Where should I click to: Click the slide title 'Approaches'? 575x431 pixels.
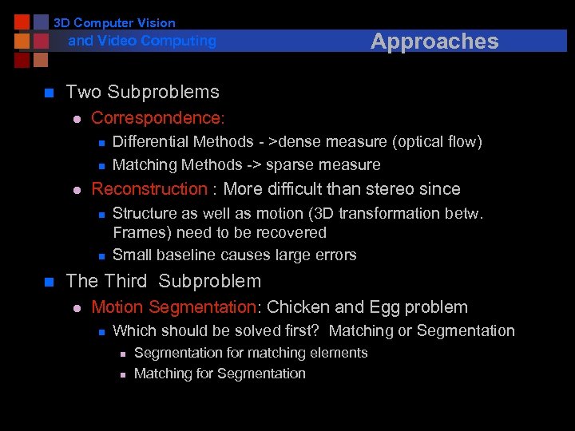[x=434, y=42]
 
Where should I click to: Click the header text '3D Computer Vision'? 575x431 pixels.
[x=114, y=23]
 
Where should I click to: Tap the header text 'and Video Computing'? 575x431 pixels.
[x=142, y=41]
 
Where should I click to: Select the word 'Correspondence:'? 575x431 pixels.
[x=158, y=118]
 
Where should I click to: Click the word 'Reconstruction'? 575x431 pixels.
[x=149, y=189]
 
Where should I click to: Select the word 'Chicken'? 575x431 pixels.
[x=296, y=307]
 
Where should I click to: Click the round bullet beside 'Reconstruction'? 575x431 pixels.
[x=77, y=190]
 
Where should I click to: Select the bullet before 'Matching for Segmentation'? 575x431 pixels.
[x=123, y=374]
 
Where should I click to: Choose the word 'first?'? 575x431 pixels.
[x=302, y=330]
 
